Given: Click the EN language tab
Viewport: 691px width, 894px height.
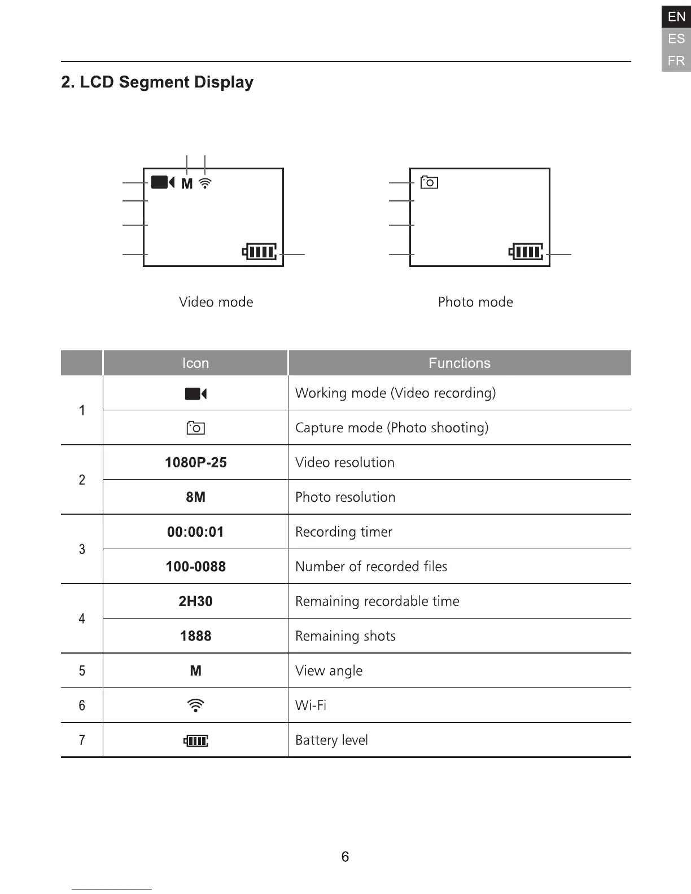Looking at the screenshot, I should (676, 17).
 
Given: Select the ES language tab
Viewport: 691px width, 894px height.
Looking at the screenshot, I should (676, 39).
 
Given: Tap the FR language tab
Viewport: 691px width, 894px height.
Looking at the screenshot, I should (676, 60).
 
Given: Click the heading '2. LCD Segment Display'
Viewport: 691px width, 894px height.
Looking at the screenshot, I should (157, 82).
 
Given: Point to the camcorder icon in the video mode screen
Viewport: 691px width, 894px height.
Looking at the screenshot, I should (163, 182).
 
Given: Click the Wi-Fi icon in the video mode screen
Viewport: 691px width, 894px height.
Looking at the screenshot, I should (205, 183).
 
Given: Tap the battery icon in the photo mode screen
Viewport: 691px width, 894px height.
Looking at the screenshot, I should (526, 251).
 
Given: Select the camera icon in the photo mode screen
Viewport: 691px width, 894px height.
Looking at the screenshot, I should (429, 182).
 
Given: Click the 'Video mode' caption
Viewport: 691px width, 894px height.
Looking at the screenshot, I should (216, 302).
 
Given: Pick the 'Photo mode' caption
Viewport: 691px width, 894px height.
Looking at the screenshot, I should (475, 302).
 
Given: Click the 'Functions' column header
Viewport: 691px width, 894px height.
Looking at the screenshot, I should (459, 363).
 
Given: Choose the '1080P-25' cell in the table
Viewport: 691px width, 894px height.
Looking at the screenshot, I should (195, 462).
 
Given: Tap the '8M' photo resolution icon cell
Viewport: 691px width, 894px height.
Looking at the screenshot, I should (195, 497).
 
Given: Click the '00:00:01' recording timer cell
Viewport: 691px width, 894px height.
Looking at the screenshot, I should (195, 532).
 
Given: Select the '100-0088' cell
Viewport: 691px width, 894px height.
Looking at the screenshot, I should (195, 567).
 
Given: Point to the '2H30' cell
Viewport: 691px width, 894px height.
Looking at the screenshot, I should (195, 601).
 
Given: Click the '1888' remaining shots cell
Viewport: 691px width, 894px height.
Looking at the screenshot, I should (195, 636).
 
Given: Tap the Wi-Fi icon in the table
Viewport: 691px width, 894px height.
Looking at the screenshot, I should (195, 705).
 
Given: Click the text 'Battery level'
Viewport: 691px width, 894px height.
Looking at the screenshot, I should (331, 740).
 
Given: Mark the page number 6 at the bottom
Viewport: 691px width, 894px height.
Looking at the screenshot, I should (345, 857).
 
